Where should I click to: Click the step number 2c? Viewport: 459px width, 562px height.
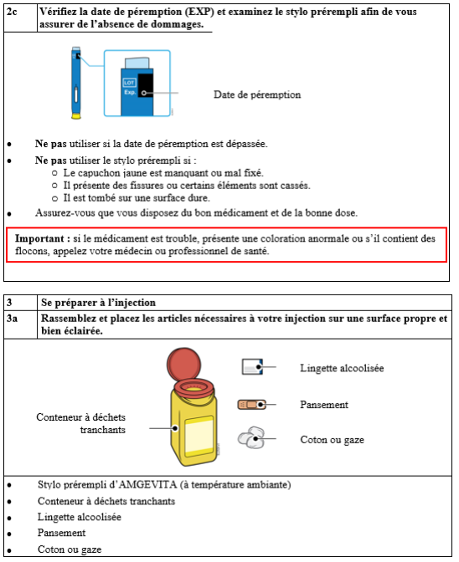(x=12, y=12)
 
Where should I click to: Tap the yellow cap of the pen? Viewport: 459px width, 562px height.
(x=76, y=115)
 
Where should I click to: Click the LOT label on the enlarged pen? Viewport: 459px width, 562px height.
(x=129, y=83)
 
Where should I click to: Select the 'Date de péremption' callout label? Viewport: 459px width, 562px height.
(x=257, y=95)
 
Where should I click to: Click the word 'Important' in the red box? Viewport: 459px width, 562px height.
(x=39, y=238)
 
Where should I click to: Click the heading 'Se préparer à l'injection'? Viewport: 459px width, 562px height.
(x=98, y=303)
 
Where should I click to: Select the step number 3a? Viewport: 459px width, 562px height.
(x=12, y=319)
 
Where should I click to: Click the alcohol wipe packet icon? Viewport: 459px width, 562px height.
(x=252, y=366)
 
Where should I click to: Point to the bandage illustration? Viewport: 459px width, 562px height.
(x=251, y=405)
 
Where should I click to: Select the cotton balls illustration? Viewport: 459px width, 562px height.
(x=251, y=437)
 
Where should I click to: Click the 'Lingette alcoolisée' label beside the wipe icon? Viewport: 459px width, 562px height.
(x=342, y=368)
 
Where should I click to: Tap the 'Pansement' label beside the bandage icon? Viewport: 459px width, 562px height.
(x=324, y=405)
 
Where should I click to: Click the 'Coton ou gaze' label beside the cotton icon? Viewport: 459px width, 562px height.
(x=332, y=440)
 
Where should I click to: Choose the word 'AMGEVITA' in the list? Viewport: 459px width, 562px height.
(x=147, y=484)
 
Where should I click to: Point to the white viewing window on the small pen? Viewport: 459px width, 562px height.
(x=75, y=95)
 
